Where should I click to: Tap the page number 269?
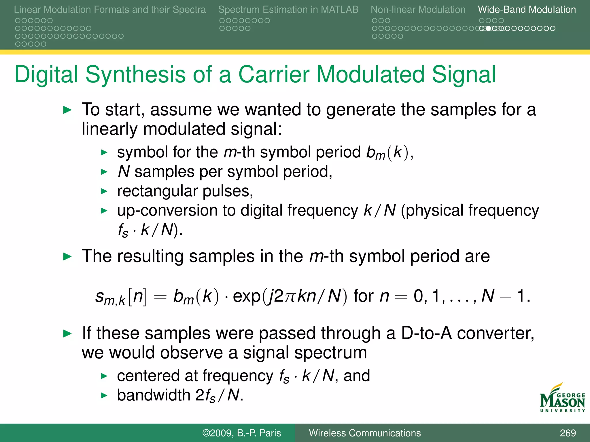click(568, 433)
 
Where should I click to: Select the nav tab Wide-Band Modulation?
click(527, 9)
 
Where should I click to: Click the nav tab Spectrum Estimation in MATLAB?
click(288, 9)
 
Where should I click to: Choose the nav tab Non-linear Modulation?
click(418, 9)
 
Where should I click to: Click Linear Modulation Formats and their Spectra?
click(110, 9)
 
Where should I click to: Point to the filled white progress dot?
click(488, 28)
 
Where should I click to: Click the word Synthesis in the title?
click(135, 74)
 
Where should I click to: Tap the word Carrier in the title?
click(273, 74)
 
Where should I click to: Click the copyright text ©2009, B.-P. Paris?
click(241, 433)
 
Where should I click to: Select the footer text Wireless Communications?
click(365, 433)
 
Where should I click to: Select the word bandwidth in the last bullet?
click(154, 395)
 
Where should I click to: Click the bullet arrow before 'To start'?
click(67, 110)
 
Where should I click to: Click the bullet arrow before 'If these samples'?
click(67, 334)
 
